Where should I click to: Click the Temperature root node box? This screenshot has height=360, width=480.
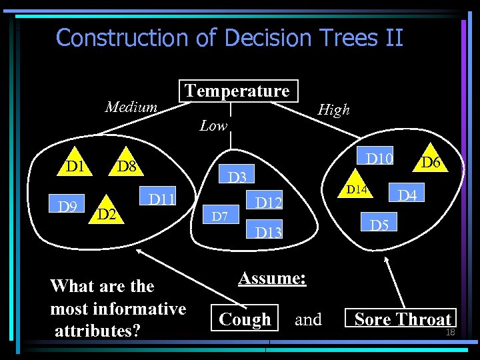pyautogui.click(x=237, y=91)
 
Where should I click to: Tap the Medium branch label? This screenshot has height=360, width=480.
pyautogui.click(x=131, y=107)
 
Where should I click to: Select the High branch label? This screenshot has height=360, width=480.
pyautogui.click(x=333, y=110)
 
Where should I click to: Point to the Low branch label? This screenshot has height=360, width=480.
pyautogui.click(x=213, y=125)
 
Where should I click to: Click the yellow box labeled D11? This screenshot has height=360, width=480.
pyautogui.click(x=162, y=199)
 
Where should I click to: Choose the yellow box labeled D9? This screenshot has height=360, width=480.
pyautogui.click(x=67, y=207)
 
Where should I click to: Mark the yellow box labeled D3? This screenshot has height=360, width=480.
pyautogui.click(x=238, y=177)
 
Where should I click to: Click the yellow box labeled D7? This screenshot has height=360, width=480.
pyautogui.click(x=220, y=216)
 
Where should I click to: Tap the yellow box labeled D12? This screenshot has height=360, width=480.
pyautogui.click(x=269, y=202)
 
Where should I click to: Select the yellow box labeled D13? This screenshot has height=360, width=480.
pyautogui.click(x=269, y=232)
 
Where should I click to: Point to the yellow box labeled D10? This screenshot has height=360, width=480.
pyautogui.click(x=380, y=158)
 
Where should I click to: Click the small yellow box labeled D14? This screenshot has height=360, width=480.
pyautogui.click(x=357, y=190)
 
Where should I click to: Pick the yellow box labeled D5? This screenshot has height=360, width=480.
pyautogui.click(x=379, y=225)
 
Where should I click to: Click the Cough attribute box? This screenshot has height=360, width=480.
pyautogui.click(x=245, y=319)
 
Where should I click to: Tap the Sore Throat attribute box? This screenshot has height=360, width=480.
pyautogui.click(x=402, y=319)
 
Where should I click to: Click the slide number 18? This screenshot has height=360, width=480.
pyautogui.click(x=450, y=331)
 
